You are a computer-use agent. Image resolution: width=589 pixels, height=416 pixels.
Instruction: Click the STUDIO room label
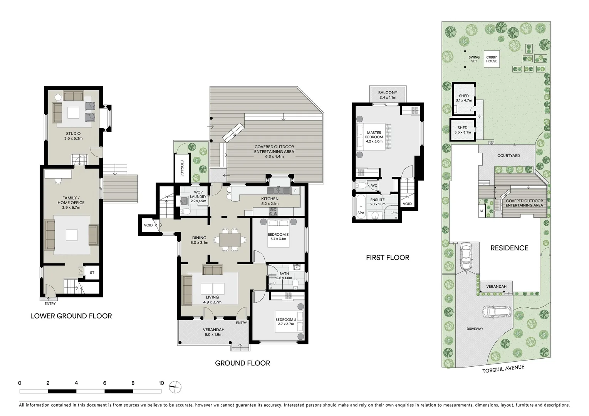[73, 134]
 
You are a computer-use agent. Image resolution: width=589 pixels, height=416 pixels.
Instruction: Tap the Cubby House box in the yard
[492, 59]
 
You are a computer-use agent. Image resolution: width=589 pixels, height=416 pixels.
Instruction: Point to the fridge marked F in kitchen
[295, 191]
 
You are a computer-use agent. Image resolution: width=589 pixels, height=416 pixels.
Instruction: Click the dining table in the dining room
[230, 240]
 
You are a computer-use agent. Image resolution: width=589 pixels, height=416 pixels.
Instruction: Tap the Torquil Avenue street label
[503, 369]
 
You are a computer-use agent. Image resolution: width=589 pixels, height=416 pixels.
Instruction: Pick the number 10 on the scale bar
[161, 383]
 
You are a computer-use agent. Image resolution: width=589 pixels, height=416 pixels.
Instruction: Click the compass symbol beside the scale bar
[175, 387]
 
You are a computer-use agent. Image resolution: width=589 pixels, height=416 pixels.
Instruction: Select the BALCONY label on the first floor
[388, 92]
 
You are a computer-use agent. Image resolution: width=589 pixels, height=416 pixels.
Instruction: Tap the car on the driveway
[497, 312]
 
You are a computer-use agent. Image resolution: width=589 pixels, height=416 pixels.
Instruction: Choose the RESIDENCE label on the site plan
[509, 248]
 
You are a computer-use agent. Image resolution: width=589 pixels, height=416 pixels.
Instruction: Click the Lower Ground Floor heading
[71, 316]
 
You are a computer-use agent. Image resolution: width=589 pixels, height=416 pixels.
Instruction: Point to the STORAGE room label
[182, 168]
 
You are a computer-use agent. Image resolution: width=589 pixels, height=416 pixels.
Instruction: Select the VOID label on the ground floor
[148, 225]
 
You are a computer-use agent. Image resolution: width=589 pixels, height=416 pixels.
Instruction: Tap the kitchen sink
[279, 190]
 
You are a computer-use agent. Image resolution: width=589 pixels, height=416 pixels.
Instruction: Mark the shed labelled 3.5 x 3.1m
[463, 130]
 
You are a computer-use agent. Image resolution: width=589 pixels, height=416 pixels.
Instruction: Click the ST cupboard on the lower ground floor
[92, 272]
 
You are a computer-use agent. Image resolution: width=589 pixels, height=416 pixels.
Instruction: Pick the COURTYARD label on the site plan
[508, 156]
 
